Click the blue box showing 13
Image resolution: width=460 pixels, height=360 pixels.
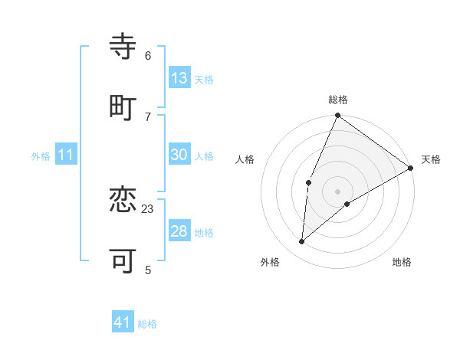pos(179,78)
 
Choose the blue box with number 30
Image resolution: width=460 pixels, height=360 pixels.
pos(179,155)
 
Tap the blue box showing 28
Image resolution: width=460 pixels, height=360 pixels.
pos(179,231)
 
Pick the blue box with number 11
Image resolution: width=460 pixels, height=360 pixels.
pos(65,155)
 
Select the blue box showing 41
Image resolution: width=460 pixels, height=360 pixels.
pos(123,322)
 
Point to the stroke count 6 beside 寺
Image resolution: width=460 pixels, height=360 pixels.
pos(148,55)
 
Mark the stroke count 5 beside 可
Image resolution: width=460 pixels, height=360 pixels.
pos(148,270)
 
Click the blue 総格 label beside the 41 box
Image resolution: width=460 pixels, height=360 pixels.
pos(147,324)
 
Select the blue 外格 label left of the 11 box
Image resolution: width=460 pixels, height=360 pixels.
pos(41,156)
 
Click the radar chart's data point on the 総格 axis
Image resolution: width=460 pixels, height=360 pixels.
pos(337,116)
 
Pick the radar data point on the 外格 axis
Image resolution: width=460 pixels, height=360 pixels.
pos(302,241)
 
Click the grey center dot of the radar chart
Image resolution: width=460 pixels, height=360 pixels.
pos(337,191)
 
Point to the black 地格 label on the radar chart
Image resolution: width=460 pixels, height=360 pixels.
pos(402,263)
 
